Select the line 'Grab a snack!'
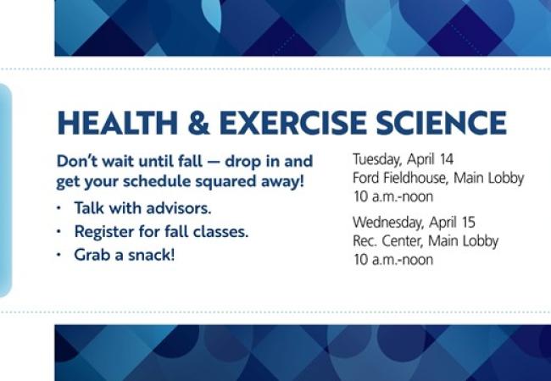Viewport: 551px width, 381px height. (x=124, y=253)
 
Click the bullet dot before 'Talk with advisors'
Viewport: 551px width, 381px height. (x=59, y=208)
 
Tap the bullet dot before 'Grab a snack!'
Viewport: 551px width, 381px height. (x=59, y=254)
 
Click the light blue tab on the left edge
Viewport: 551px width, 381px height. (x=5, y=190)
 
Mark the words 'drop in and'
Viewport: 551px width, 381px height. (x=273, y=161)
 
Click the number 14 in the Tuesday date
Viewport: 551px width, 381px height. (x=445, y=158)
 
